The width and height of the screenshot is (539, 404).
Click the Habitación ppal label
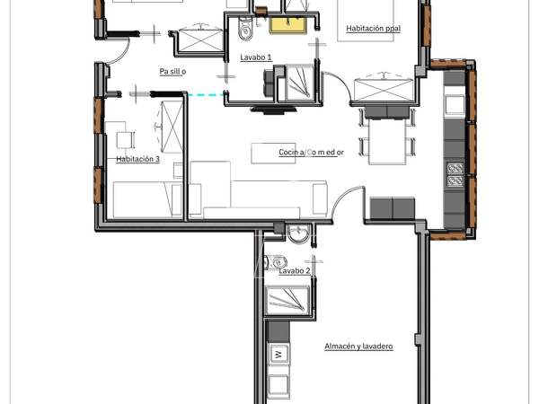click(373, 29)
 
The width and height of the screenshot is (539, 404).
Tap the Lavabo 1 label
click(256, 57)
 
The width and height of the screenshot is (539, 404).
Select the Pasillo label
click(172, 72)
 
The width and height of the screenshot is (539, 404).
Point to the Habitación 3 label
click(137, 159)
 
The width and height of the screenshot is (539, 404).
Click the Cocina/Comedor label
click(311, 153)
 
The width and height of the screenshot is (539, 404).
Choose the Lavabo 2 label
click(295, 271)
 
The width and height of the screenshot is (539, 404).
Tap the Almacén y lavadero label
click(358, 346)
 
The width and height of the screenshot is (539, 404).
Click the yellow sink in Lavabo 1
click(288, 25)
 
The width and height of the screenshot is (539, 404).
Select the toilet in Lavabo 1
click(244, 30)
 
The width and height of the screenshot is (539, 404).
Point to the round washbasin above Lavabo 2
click(298, 233)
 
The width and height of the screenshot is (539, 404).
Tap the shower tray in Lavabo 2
click(287, 300)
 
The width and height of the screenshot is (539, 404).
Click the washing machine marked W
click(278, 354)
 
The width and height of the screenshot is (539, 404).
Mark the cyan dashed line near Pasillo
click(206, 94)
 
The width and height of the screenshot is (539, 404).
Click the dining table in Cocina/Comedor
click(386, 141)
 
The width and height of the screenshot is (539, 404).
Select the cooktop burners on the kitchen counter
click(455, 175)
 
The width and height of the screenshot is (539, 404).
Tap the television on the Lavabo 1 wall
click(274, 110)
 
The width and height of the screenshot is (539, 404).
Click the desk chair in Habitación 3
click(124, 139)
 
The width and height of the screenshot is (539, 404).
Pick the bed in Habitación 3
click(148, 199)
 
